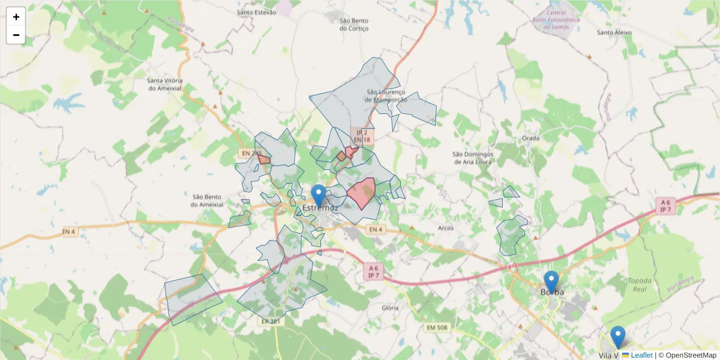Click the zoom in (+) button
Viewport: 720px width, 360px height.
pos(16,17)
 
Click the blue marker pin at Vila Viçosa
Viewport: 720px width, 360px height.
pos(617,337)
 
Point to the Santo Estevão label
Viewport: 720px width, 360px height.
pos(256,12)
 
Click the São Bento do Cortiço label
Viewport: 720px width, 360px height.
pos(353,24)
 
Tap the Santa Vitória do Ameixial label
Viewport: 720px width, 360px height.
pos(165,84)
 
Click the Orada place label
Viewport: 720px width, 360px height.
pos(530,138)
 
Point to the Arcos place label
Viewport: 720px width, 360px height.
pos(446,228)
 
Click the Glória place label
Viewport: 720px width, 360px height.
pos(390,308)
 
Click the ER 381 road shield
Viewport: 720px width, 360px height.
pos(271,322)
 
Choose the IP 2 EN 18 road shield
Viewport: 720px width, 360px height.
pos(362,136)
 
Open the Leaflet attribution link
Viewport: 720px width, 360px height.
pos(641,355)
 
